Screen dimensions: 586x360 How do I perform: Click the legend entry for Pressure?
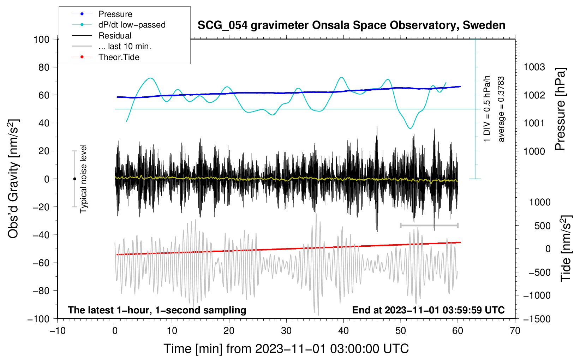pos(102,14)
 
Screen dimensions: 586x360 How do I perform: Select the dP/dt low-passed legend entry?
pos(119,25)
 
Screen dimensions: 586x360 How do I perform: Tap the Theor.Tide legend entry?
pos(106,57)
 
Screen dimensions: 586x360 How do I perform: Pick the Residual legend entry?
pos(102,36)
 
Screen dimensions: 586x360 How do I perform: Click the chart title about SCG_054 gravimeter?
pos(351,25)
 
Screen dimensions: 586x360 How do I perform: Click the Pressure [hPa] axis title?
pos(560,109)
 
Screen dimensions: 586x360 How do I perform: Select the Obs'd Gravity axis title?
pos(13,179)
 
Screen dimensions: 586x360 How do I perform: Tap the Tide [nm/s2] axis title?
pos(566,248)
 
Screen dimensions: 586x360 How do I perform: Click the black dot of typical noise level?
pos(74,179)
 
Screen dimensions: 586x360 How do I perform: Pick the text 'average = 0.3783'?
pos(501,109)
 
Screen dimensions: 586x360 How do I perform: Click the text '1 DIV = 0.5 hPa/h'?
pos(486,109)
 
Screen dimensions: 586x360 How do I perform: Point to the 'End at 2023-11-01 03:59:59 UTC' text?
pos(428,310)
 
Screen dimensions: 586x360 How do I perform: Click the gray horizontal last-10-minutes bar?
pos(429,225)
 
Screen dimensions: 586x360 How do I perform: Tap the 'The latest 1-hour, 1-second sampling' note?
pos(157,310)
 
